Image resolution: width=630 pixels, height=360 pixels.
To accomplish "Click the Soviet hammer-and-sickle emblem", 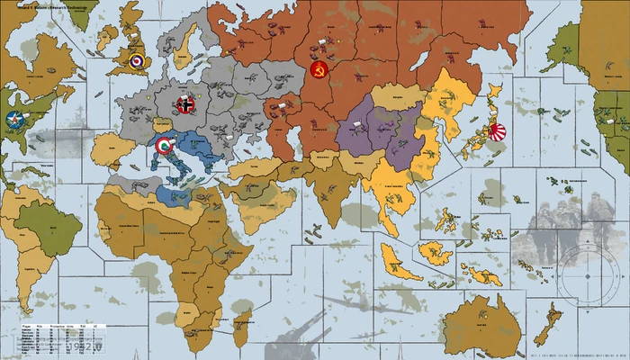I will (317, 69).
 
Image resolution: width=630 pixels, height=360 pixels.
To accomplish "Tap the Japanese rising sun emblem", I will (498, 132).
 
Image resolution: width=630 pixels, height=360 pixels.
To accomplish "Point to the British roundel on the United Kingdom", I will (135, 62).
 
